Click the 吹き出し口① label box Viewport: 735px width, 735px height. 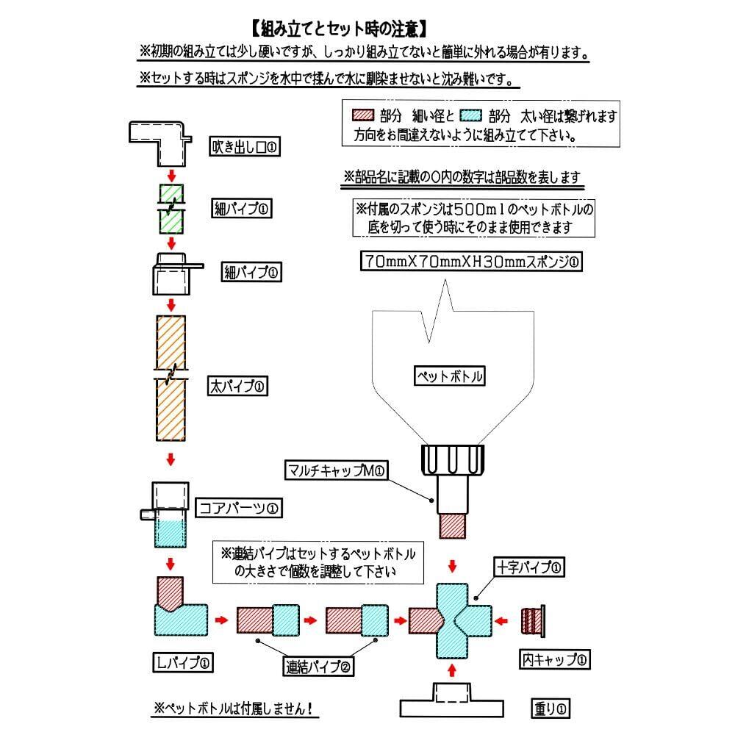[244, 147]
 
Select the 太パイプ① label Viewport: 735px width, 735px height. [237, 387]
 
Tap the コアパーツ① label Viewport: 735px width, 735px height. [239, 508]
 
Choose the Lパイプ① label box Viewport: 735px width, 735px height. [183, 662]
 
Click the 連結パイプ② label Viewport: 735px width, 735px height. [318, 666]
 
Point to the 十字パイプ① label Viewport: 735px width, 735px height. [529, 567]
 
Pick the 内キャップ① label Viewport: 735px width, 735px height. [554, 659]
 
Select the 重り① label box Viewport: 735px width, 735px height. [551, 709]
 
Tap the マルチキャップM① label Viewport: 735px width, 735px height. [336, 470]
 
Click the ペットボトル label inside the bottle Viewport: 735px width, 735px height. [450, 376]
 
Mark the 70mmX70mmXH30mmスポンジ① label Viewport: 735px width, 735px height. [472, 261]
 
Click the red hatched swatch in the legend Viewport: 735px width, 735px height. [363, 115]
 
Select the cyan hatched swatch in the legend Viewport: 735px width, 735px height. [471, 115]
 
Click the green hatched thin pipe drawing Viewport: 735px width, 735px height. [171, 209]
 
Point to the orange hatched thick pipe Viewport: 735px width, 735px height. [171, 378]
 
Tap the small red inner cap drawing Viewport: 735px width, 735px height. [533, 621]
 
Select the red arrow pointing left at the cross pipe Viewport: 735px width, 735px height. [501, 621]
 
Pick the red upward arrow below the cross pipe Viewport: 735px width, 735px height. [452, 670]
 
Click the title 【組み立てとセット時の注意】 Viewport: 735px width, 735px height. [340, 29]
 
